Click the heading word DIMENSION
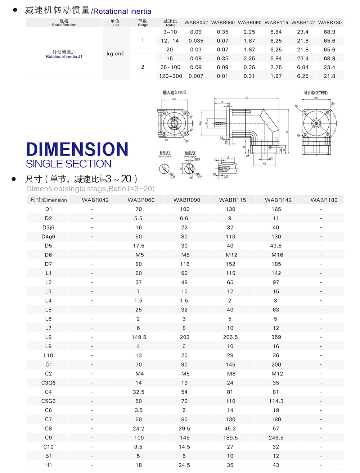click(77, 149)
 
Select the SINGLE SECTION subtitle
click(68, 164)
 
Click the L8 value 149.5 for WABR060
click(139, 337)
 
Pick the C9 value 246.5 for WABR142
click(276, 438)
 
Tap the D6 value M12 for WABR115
click(230, 255)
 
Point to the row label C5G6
click(48, 401)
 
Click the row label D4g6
click(48, 237)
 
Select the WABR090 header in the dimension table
click(186, 200)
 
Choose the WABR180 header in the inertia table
click(330, 22)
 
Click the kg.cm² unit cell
click(115, 54)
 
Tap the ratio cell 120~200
click(170, 76)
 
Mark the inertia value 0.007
click(196, 76)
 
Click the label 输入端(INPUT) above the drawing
click(175, 92)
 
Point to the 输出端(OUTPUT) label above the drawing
click(316, 93)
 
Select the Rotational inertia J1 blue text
click(64, 57)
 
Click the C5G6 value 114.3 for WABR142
click(276, 401)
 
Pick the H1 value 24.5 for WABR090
click(184, 465)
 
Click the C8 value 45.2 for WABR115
click(230, 428)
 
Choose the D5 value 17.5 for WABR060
click(139, 246)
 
